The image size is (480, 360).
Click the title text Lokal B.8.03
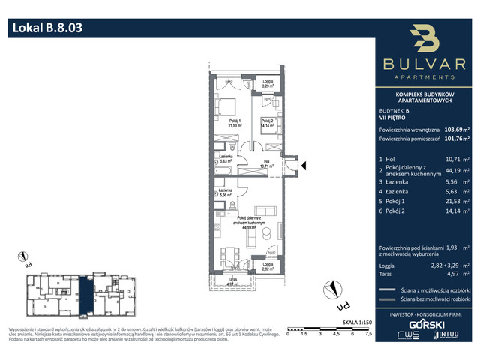(46, 29)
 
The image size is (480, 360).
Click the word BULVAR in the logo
(425, 65)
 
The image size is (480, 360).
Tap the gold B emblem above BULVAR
(425, 40)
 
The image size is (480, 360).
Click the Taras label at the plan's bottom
(232, 283)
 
